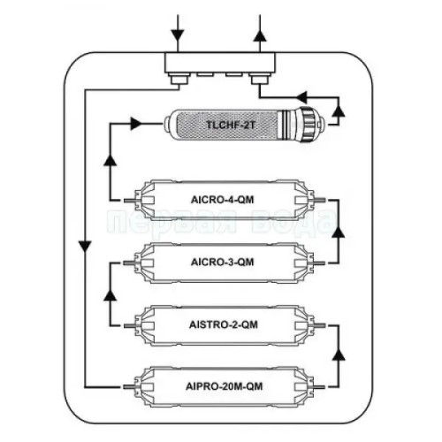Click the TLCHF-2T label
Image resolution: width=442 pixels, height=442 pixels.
click(x=230, y=125)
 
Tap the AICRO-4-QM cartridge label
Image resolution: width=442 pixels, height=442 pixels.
click(x=223, y=200)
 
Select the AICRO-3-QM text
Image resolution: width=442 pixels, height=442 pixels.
click(x=223, y=262)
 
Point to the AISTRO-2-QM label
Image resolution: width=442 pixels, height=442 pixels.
click(x=224, y=324)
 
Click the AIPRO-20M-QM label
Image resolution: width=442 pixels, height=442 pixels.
click(x=224, y=386)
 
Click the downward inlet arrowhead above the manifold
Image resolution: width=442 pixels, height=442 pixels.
click(x=178, y=34)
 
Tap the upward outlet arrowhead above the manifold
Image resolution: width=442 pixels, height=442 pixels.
click(x=260, y=35)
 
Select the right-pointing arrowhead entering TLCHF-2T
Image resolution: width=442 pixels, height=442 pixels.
click(x=135, y=124)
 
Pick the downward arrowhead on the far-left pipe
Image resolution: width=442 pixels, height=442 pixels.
click(x=85, y=247)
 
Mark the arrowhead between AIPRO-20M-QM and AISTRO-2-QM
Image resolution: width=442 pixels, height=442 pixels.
click(x=339, y=354)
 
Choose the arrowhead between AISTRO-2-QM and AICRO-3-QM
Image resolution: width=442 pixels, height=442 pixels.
click(x=110, y=294)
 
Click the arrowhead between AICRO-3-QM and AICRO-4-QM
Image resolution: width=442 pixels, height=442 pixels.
click(x=339, y=232)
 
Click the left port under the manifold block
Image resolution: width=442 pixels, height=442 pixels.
click(x=179, y=79)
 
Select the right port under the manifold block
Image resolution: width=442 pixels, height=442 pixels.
click(x=260, y=79)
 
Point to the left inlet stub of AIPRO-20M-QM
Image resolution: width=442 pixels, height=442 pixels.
click(x=129, y=387)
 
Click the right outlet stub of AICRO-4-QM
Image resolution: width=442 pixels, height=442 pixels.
click(x=320, y=200)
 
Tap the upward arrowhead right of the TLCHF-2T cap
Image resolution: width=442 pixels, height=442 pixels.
click(x=339, y=110)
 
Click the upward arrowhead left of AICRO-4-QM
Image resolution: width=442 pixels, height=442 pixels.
click(x=110, y=160)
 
